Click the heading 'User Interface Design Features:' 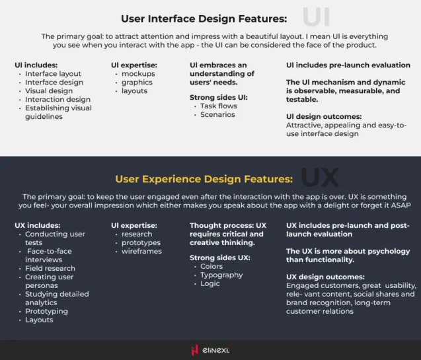click(204, 18)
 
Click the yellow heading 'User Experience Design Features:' click(204, 179)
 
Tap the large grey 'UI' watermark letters click(315, 17)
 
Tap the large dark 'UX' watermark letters click(319, 177)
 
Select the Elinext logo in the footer click(210, 349)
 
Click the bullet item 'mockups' click(138, 74)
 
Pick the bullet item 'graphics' click(137, 83)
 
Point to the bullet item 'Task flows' click(217, 106)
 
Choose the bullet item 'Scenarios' click(217, 114)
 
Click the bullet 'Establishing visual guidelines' click(58, 112)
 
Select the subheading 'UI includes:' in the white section click(36, 65)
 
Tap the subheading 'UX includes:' click(37, 225)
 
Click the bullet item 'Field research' click(50, 268)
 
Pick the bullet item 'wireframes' click(141, 251)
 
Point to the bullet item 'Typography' click(221, 275)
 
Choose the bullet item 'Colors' click(211, 266)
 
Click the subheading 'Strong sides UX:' click(221, 258)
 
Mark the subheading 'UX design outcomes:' click(325, 277)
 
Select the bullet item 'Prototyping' click(46, 311)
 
